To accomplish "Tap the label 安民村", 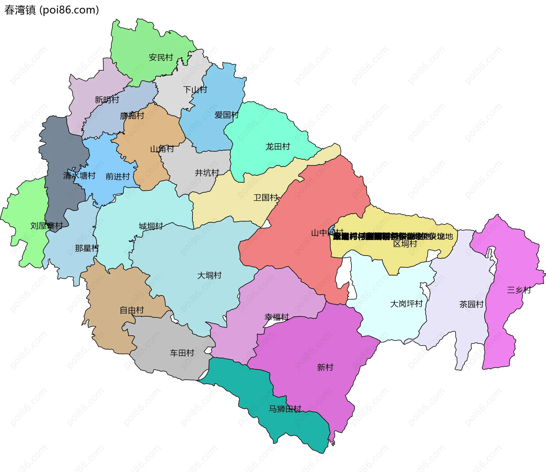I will tap(161, 58).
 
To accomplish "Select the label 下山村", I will tap(195, 90).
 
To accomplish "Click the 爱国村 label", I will tap(227, 115).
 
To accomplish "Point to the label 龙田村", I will tap(278, 147).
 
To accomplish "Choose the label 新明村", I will tap(107, 100).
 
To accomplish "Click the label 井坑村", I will tap(207, 173).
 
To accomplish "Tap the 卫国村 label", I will tap(266, 197).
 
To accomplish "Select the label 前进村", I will tap(118, 177).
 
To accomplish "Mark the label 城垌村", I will tap(151, 226).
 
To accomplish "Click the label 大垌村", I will tap(209, 275).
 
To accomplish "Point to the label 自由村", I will tap(132, 310).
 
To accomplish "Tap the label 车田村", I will tap(182, 353).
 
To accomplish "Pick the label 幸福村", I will tap(276, 317).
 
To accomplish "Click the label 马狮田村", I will tap(285, 409).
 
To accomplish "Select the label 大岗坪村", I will tap(406, 304).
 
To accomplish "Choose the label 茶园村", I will tap(471, 304).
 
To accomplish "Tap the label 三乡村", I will tap(519, 290).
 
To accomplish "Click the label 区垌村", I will tap(405, 244).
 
